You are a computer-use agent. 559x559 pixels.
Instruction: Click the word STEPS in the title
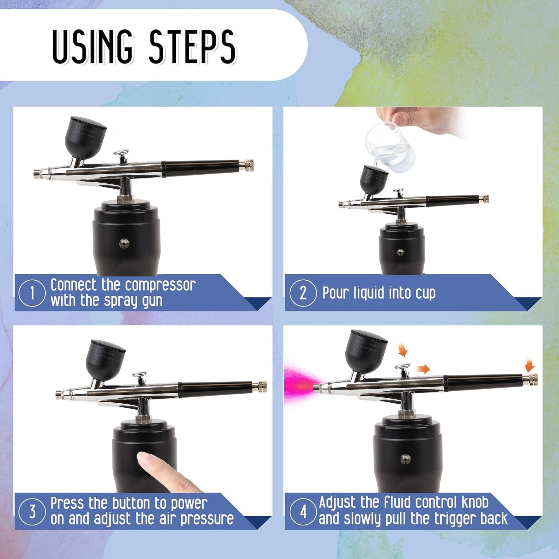[x=192, y=47]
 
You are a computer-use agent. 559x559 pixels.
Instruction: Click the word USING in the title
[x=93, y=47]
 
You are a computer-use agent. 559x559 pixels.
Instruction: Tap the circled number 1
[x=32, y=293]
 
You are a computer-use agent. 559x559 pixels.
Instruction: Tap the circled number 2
[x=303, y=293]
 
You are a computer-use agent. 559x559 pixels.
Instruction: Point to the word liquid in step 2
[x=369, y=293]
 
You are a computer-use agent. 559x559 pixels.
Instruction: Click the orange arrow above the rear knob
[x=530, y=365]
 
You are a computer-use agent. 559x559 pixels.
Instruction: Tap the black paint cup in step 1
[x=85, y=138]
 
